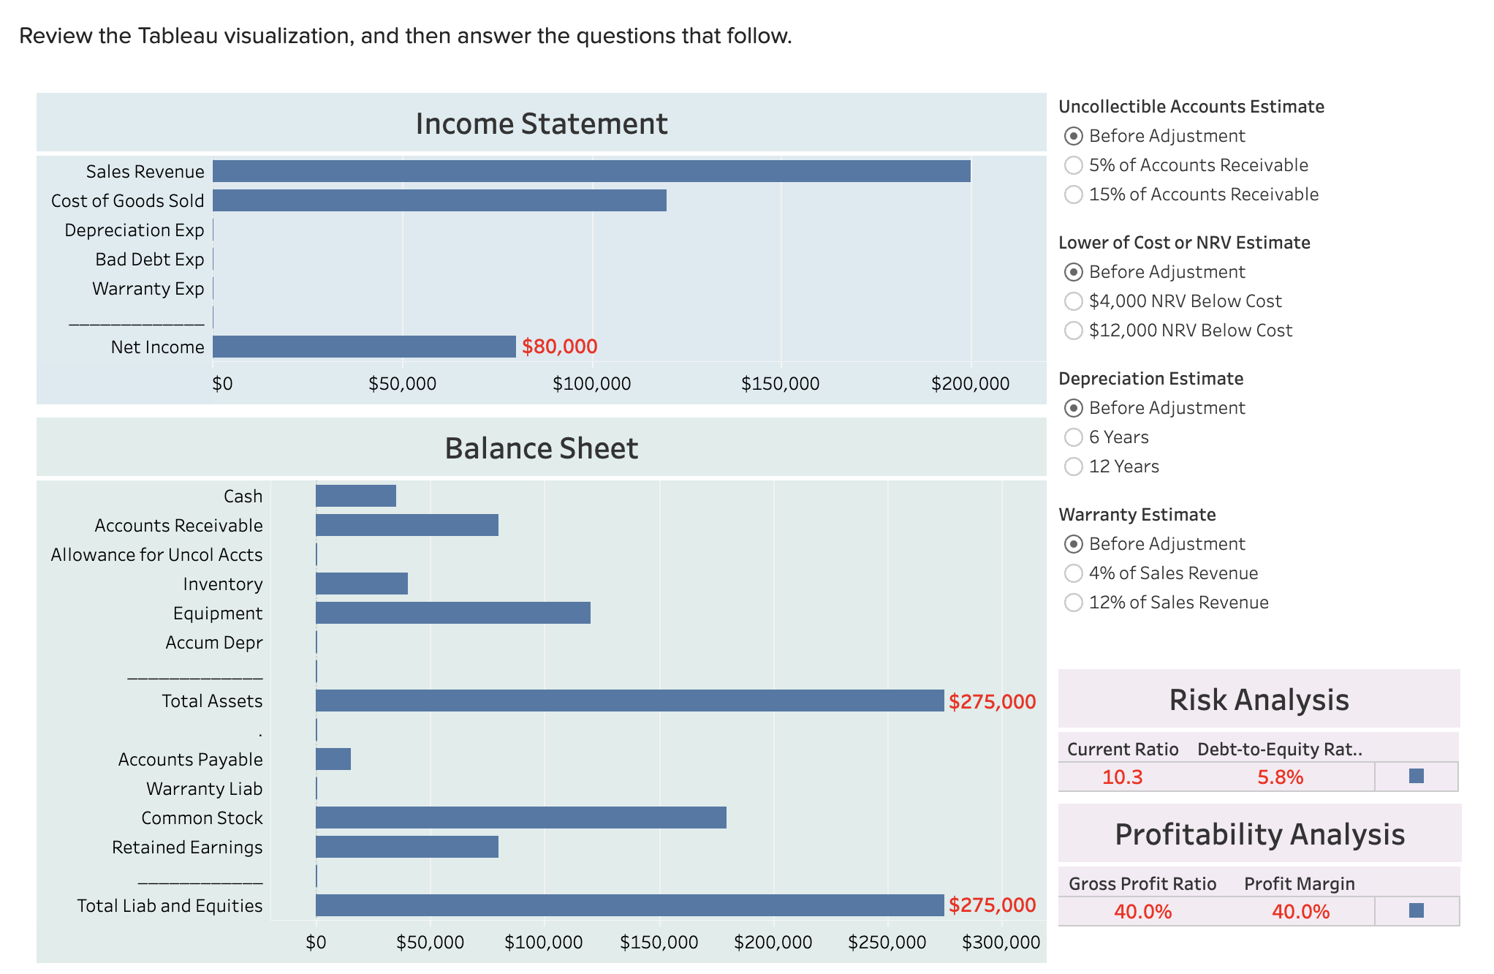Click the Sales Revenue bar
[591, 171]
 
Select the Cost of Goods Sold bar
[439, 200]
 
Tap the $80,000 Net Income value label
[559, 347]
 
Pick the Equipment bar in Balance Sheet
[452, 613]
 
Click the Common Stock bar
[520, 818]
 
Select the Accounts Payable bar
[333, 759]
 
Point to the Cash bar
[355, 496]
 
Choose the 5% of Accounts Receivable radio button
[1073, 165]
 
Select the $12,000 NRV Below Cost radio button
[1073, 331]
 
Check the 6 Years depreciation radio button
[1073, 437]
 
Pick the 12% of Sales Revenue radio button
[1073, 603]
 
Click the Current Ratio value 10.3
[1122, 777]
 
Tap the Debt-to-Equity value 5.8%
[1280, 777]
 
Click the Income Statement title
[541, 124]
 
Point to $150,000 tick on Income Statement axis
[780, 383]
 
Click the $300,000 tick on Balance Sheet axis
[1001, 942]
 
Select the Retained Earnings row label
[187, 847]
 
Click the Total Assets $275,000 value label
[992, 701]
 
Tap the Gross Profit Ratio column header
[1142, 883]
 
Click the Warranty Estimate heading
[1137, 514]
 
